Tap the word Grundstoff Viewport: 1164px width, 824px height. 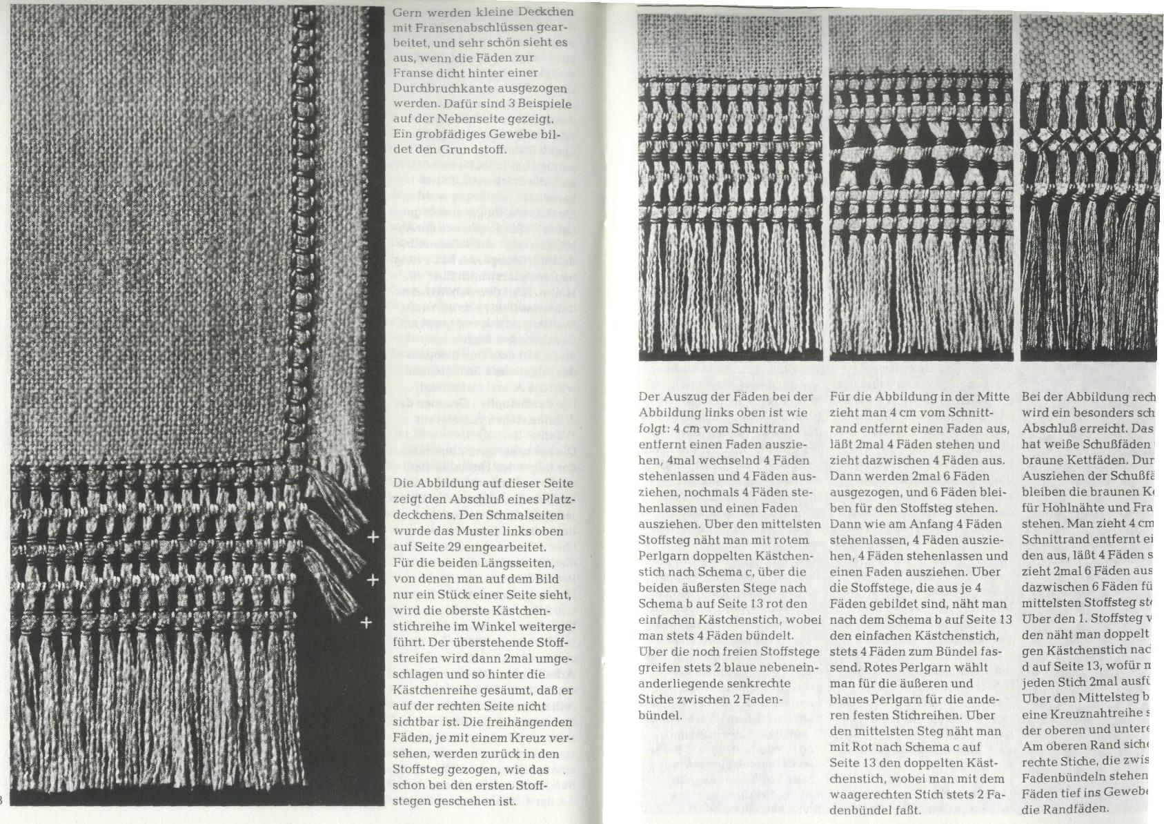click(475, 149)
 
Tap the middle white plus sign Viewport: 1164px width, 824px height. click(373, 580)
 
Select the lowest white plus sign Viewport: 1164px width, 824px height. click(367, 623)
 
